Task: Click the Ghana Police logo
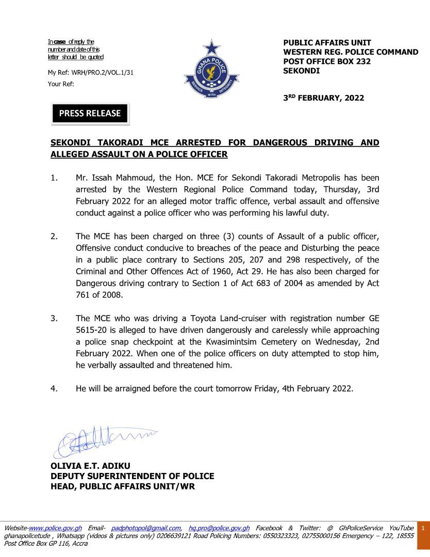click(211, 70)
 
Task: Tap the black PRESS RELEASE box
click(90, 113)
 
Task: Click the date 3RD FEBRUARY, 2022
click(324, 98)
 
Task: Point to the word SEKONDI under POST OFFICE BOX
click(301, 71)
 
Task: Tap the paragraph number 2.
click(54, 237)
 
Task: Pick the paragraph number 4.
click(54, 389)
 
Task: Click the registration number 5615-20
click(92, 330)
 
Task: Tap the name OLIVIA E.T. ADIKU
click(90, 466)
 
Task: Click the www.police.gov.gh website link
click(55, 528)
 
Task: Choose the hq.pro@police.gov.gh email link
click(219, 528)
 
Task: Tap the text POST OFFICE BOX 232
click(327, 61)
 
